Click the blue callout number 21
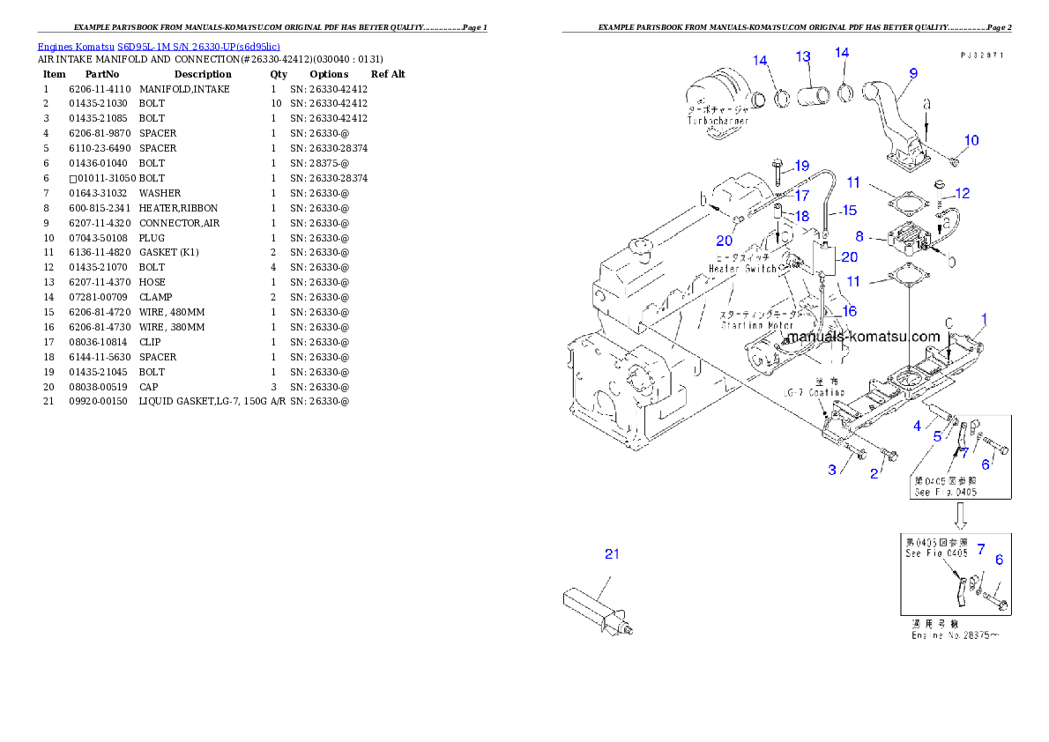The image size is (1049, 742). click(x=612, y=554)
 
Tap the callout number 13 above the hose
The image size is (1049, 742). click(x=803, y=57)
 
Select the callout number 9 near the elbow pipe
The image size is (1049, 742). click(x=913, y=73)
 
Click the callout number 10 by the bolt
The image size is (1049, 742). click(x=971, y=140)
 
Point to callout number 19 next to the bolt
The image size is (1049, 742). click(x=801, y=166)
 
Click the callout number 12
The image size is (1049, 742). click(x=963, y=193)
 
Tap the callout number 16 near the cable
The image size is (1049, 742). click(x=849, y=311)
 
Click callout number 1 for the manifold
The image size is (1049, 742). click(x=985, y=318)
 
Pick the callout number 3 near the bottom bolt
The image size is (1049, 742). click(x=832, y=470)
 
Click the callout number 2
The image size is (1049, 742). click(x=874, y=474)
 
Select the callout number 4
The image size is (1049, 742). click(x=918, y=426)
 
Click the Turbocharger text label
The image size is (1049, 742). click(x=718, y=120)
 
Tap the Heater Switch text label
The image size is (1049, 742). click(x=742, y=268)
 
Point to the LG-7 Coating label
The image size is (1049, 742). click(x=815, y=392)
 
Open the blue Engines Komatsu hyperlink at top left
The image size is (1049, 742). click(x=159, y=47)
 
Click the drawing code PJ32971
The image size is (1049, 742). click(x=982, y=55)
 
